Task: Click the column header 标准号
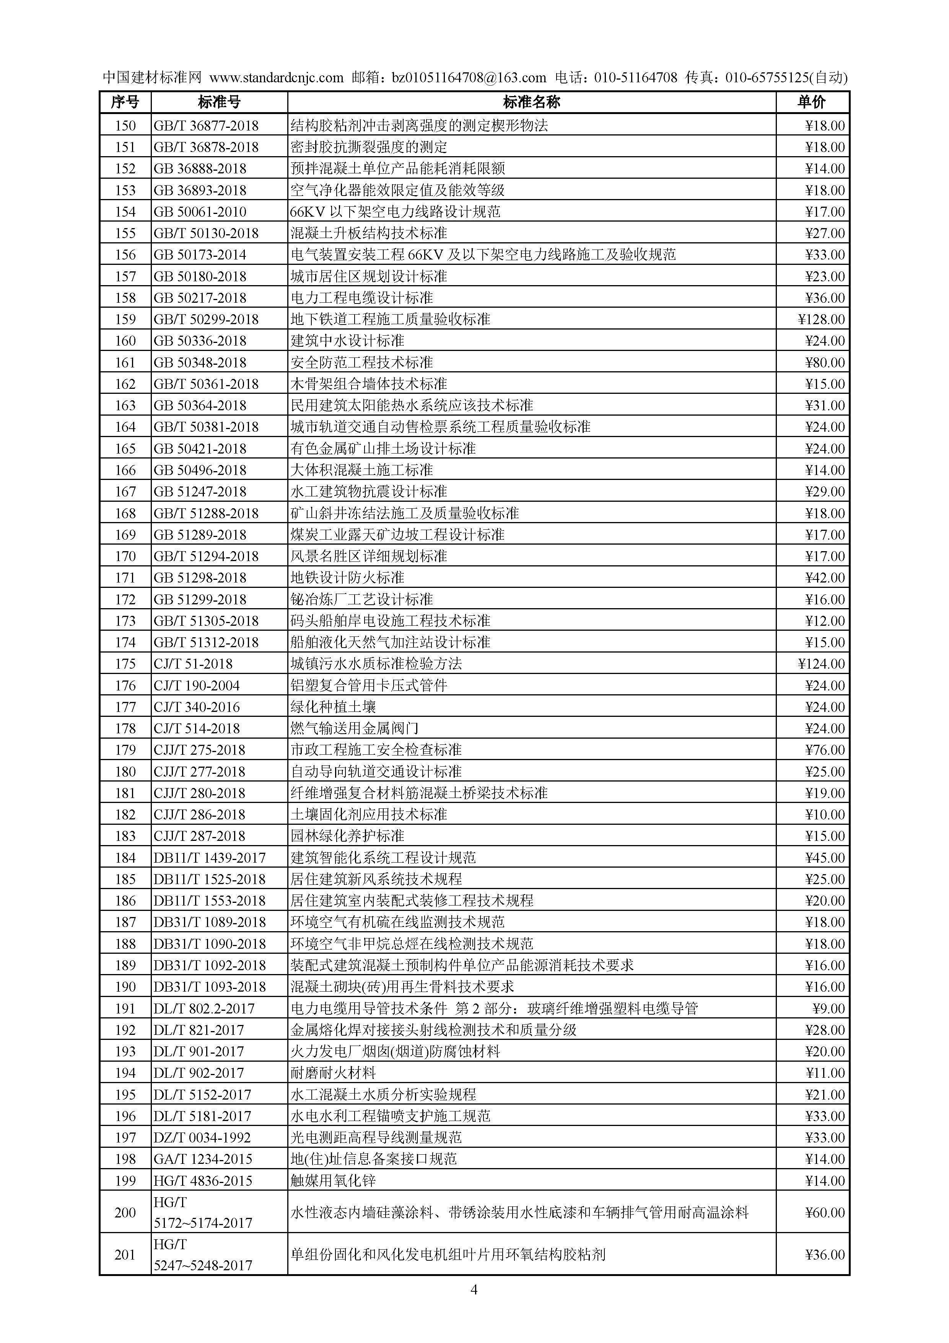click(219, 102)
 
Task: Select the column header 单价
click(812, 102)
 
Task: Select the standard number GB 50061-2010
click(200, 212)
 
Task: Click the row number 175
click(125, 664)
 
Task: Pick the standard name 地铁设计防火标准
click(347, 578)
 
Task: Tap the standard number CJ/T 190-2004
click(197, 685)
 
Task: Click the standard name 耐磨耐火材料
click(333, 1073)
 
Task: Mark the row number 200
click(125, 1212)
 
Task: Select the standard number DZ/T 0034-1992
click(202, 1138)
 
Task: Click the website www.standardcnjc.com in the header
click(276, 78)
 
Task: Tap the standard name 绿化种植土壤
click(333, 707)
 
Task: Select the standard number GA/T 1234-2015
click(203, 1159)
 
